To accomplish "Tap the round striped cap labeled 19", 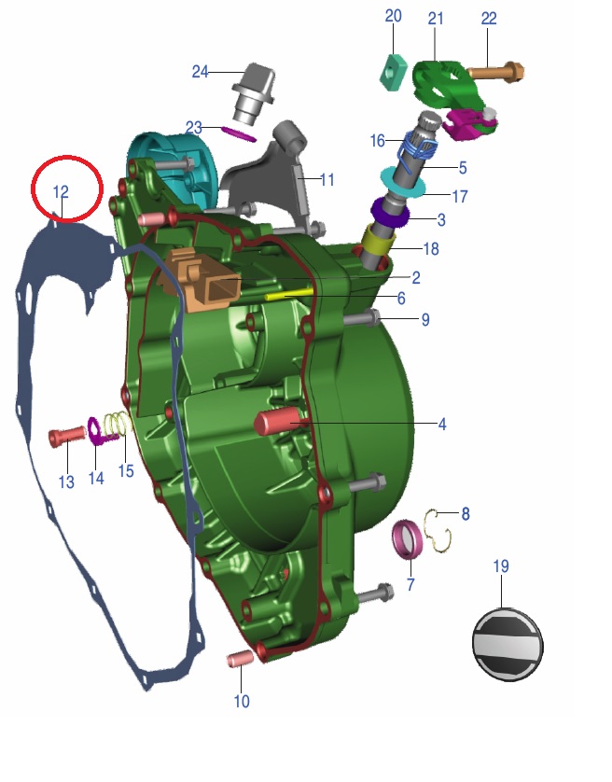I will [x=508, y=643].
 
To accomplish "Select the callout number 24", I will [x=201, y=72].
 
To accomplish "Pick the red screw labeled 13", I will [x=65, y=436].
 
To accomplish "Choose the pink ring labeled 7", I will [x=408, y=539].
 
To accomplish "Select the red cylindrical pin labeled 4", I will [x=280, y=423].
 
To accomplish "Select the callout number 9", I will [x=425, y=319].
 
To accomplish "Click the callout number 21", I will [x=437, y=19].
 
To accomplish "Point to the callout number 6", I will [x=401, y=299].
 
